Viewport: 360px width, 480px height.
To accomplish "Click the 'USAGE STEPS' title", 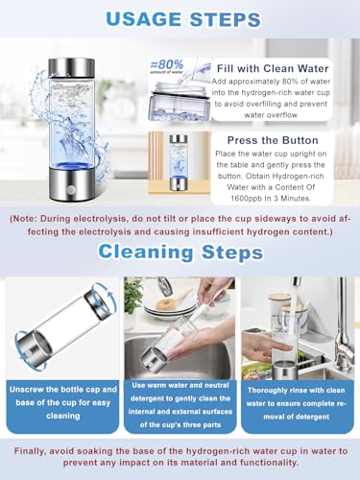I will tap(180, 18).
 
